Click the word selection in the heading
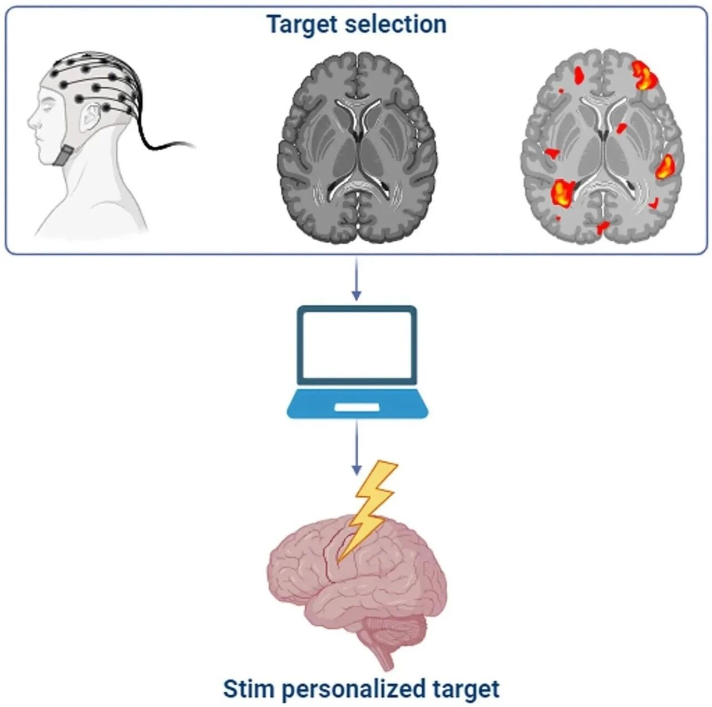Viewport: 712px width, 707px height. (x=395, y=24)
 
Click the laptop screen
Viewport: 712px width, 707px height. (x=357, y=344)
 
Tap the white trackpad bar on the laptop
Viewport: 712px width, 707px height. (x=357, y=408)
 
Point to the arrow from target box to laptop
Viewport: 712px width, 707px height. (x=356, y=279)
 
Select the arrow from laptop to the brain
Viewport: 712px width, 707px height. (x=356, y=447)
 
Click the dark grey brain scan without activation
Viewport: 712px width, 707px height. (x=357, y=147)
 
